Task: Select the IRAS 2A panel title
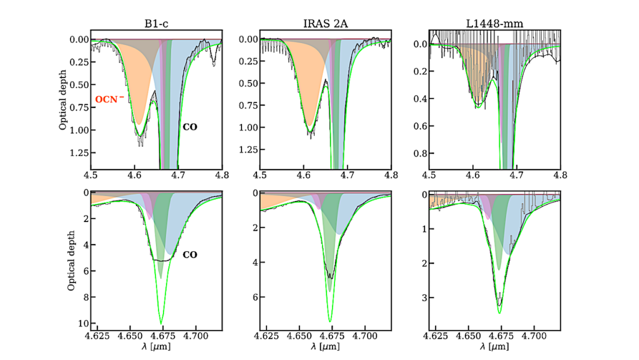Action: click(326, 25)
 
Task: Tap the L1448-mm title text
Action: click(494, 25)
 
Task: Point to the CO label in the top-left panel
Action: click(190, 127)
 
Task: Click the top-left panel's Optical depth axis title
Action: click(63, 99)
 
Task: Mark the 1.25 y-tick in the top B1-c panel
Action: click(79, 153)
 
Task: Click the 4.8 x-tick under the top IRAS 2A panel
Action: click(391, 177)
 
